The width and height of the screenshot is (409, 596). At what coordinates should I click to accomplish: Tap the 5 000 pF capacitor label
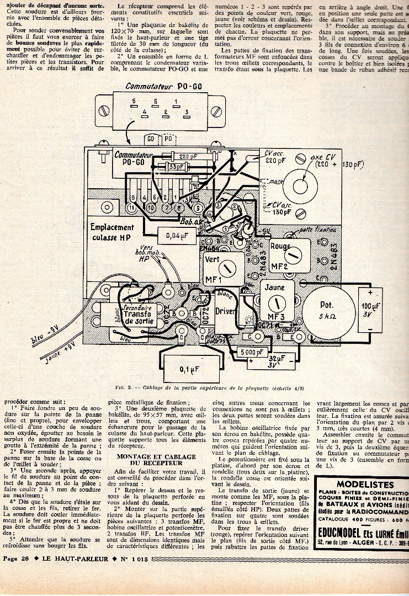(252, 352)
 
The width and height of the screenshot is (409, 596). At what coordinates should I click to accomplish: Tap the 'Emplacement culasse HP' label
(112, 232)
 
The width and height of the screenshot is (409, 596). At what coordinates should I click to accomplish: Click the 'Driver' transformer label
(226, 311)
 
